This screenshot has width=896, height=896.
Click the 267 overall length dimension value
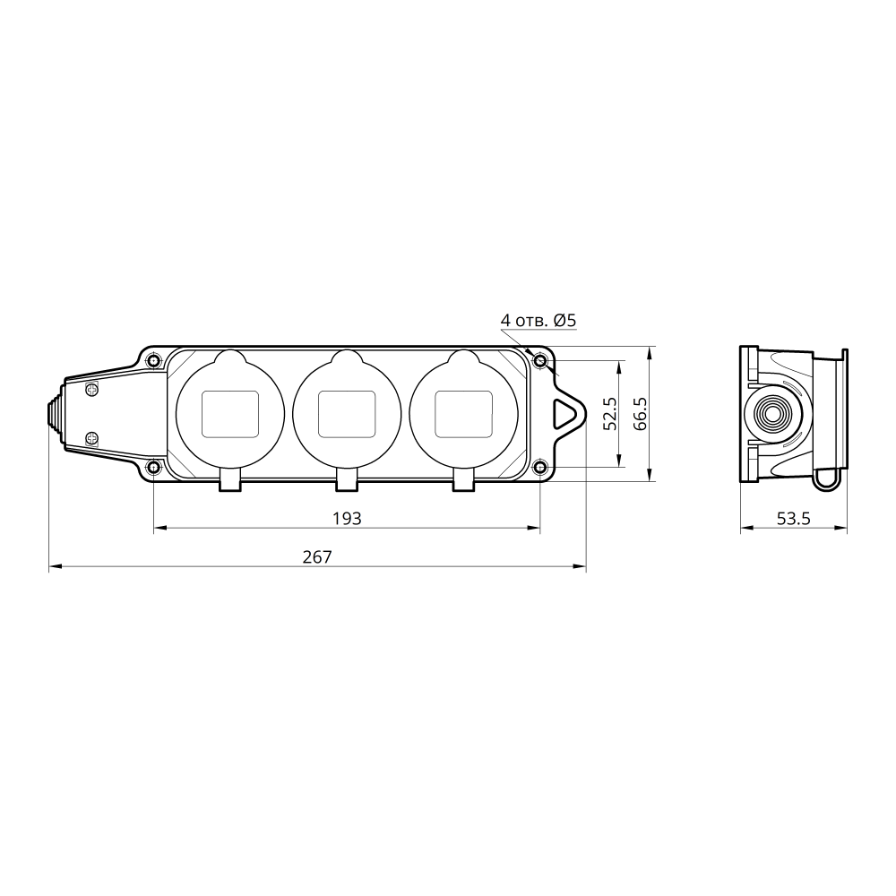pos(317,556)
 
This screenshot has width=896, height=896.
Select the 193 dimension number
pos(348,518)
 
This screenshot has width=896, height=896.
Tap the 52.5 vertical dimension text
pos(610,414)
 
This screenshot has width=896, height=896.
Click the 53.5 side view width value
pos(794,518)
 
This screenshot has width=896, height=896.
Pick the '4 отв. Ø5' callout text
pos(538,320)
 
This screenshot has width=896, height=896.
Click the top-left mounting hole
pos(154,361)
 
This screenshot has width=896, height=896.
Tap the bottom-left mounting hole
pos(154,468)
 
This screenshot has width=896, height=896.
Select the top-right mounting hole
pos(540,361)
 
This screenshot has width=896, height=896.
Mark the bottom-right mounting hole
pos(540,468)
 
